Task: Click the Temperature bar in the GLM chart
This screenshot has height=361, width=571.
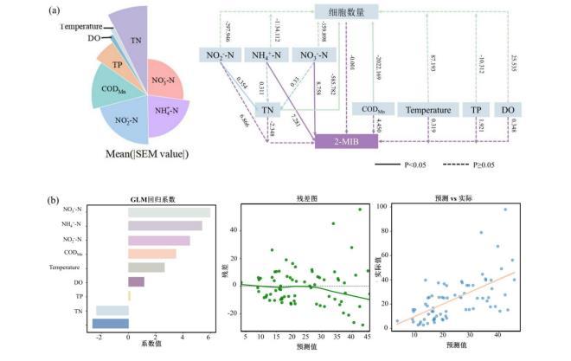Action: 146,268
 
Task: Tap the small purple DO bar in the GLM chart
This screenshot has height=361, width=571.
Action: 136,281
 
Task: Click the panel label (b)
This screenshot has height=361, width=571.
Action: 55,202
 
